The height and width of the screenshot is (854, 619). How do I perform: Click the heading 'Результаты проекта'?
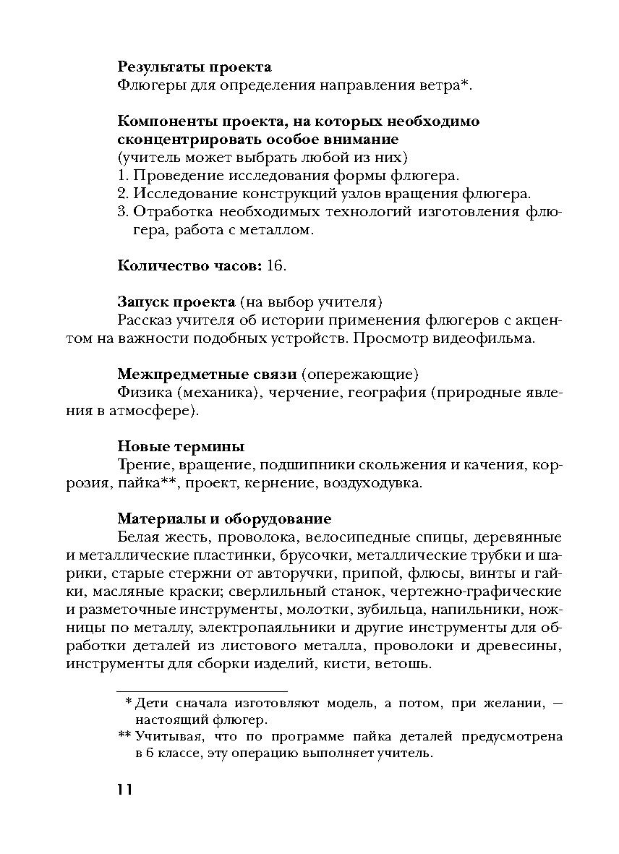pyautogui.click(x=195, y=67)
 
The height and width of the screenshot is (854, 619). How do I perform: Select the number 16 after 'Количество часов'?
pyautogui.click(x=276, y=265)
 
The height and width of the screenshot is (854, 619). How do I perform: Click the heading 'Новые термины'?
pyautogui.click(x=181, y=446)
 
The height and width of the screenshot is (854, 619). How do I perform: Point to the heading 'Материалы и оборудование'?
pyautogui.click(x=224, y=518)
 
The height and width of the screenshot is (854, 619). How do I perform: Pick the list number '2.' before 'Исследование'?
pyautogui.click(x=122, y=194)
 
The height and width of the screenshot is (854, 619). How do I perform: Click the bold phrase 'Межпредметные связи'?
pyautogui.click(x=207, y=374)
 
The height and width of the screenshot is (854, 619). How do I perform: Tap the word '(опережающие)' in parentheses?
pyautogui.click(x=360, y=374)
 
